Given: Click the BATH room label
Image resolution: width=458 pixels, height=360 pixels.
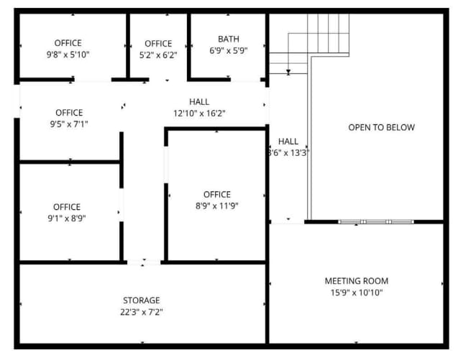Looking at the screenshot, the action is click(x=229, y=39).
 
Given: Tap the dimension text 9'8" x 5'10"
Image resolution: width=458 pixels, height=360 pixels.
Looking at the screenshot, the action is click(x=68, y=55).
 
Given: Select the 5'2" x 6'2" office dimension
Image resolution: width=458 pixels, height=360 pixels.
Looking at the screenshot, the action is click(x=158, y=55).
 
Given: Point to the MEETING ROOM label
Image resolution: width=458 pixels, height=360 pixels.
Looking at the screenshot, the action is click(x=357, y=281).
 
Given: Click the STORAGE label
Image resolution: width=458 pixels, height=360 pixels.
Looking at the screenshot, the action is click(x=142, y=300).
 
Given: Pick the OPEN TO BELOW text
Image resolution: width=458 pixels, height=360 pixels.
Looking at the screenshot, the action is click(x=382, y=128).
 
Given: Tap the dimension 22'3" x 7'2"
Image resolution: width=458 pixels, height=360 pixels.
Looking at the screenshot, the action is click(x=142, y=312).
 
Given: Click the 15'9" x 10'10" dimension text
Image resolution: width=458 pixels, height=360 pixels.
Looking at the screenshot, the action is click(x=357, y=292).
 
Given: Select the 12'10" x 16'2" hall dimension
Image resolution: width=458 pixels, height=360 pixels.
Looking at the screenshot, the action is click(x=199, y=114).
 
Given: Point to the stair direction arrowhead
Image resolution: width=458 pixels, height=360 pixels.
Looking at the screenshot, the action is click(x=288, y=72).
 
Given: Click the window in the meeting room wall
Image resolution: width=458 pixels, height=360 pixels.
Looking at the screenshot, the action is click(x=376, y=222).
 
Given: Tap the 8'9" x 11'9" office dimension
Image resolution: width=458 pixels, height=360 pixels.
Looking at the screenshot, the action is click(x=217, y=206).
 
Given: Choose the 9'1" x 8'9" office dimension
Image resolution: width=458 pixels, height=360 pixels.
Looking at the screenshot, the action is click(x=67, y=218).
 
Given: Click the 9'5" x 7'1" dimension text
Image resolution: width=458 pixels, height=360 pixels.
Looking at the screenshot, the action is click(x=69, y=124).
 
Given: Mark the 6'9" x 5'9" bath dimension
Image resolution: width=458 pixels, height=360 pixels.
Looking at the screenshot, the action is click(x=229, y=51).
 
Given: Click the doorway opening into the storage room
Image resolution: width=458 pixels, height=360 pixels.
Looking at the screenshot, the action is click(x=144, y=262).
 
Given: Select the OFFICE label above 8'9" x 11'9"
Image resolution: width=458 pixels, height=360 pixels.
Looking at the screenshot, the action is click(x=217, y=195).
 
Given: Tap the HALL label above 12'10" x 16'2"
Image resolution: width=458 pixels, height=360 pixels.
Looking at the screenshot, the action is click(x=199, y=102).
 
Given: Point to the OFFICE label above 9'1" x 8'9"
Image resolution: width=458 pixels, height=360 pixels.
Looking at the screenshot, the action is click(x=67, y=207).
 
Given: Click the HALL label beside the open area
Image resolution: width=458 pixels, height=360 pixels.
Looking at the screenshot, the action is click(x=288, y=142).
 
